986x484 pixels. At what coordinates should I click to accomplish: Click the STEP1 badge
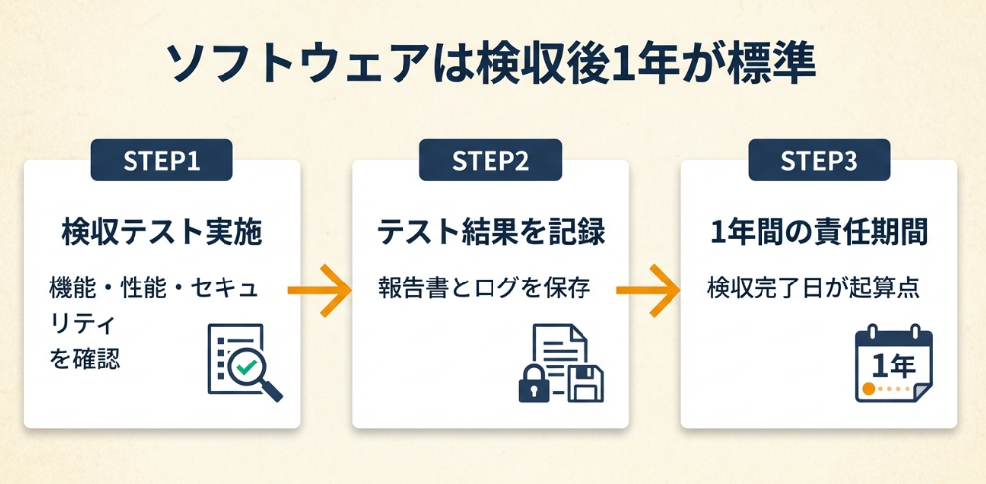pyautogui.click(x=161, y=161)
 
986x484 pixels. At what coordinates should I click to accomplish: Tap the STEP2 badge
pyautogui.click(x=490, y=161)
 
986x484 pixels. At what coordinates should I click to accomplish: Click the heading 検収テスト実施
pyautogui.click(x=161, y=233)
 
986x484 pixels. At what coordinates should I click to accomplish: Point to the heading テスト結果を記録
pyautogui.click(x=490, y=233)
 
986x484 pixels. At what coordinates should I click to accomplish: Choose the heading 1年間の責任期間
pyautogui.click(x=819, y=233)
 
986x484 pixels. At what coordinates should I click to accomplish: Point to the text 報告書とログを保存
pyautogui.click(x=484, y=288)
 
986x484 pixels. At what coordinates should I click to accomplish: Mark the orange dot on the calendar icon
pyautogui.click(x=869, y=390)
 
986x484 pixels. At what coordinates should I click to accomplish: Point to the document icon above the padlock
pyautogui.click(x=560, y=348)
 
